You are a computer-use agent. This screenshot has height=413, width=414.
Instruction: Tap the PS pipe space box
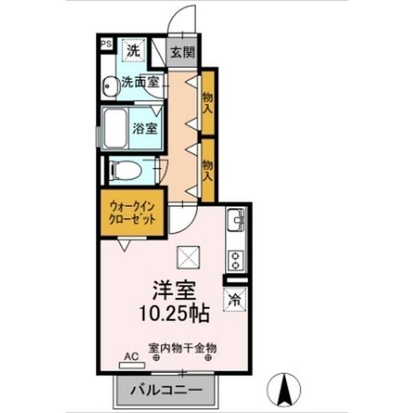click(x=106, y=44)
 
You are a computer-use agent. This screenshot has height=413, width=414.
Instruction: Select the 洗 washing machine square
click(x=133, y=50)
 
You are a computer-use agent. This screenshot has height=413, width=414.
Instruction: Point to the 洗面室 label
click(x=141, y=83)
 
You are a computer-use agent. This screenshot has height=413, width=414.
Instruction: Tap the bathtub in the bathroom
click(x=116, y=128)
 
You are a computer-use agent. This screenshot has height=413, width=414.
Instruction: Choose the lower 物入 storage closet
click(x=208, y=169)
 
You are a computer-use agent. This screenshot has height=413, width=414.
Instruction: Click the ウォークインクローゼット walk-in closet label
click(x=133, y=212)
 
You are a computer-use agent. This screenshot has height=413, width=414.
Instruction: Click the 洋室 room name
click(x=174, y=289)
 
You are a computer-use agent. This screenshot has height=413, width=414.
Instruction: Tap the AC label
click(x=131, y=356)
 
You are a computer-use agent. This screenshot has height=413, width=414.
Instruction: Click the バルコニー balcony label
click(x=164, y=390)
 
